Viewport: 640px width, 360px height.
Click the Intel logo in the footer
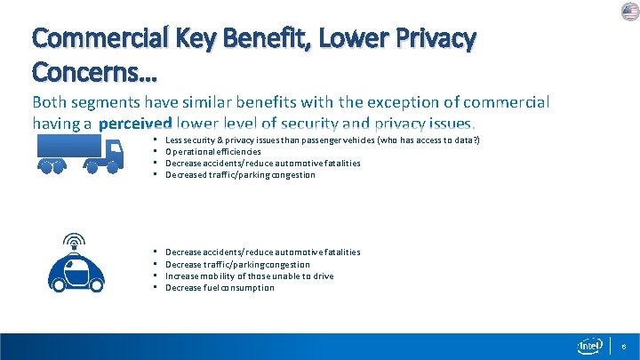[x=590, y=346]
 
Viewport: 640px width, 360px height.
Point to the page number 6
[x=624, y=346]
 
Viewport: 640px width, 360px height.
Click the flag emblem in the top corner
[x=629, y=11]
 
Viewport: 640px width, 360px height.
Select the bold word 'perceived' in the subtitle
[x=135, y=124]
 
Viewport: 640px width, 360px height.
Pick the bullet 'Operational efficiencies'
[x=212, y=152]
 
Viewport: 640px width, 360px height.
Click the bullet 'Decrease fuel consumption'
[x=220, y=288]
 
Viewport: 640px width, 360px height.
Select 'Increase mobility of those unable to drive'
[x=249, y=276]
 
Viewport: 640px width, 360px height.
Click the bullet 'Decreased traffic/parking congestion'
[x=240, y=175]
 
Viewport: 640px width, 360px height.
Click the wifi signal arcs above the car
[x=76, y=240]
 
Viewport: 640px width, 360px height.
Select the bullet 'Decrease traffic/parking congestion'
[x=237, y=265]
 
